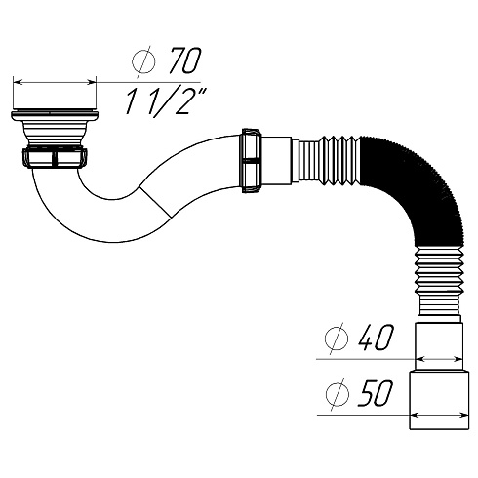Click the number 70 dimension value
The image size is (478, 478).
[185, 60]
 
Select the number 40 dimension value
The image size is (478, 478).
[376, 338]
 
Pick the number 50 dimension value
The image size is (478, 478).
[376, 393]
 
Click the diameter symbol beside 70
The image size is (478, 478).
[143, 61]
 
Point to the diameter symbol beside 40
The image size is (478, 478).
[337, 339]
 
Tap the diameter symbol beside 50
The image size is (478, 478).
[337, 394]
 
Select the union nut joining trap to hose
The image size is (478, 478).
[252, 160]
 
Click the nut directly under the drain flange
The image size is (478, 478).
[55, 158]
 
